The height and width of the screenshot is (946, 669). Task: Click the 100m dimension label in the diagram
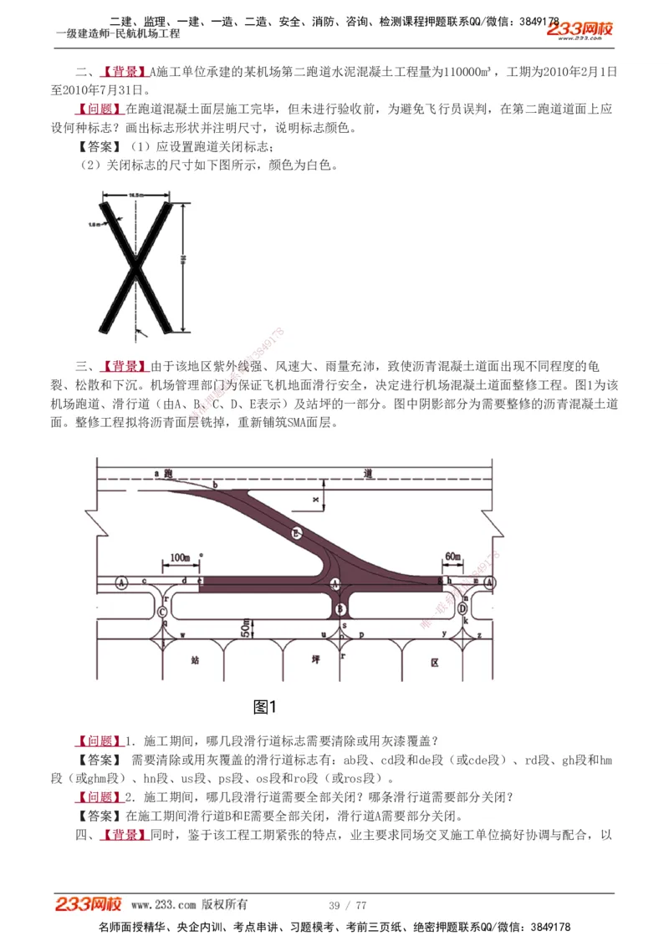pyautogui.click(x=180, y=557)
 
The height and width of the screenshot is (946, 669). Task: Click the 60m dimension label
pyautogui.click(x=452, y=557)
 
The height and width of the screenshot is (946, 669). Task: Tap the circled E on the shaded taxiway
pyautogui.click(x=296, y=533)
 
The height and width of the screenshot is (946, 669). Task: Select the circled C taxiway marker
pyautogui.click(x=162, y=610)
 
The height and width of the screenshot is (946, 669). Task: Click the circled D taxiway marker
pyautogui.click(x=462, y=609)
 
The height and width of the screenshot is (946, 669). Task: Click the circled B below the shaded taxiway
pyautogui.click(x=340, y=610)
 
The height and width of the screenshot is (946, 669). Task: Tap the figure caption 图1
pyautogui.click(x=264, y=707)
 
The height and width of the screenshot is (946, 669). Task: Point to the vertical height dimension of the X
pyautogui.click(x=182, y=264)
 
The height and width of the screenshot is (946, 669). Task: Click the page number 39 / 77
pyautogui.click(x=348, y=905)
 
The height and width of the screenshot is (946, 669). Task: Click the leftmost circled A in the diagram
pyautogui.click(x=122, y=582)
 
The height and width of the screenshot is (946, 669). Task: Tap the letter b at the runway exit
pyautogui.click(x=215, y=485)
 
